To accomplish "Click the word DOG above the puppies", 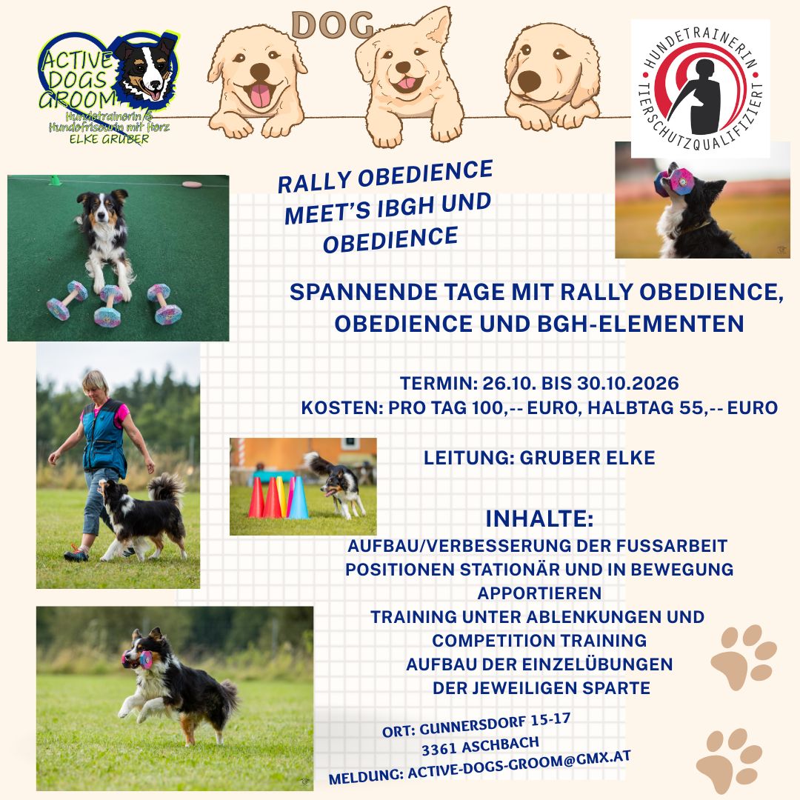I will point(332,26).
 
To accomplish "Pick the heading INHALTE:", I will point(539,519).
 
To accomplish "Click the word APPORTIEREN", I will point(539,593).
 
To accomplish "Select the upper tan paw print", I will point(743,656).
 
